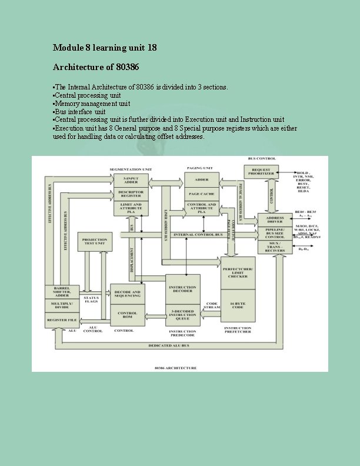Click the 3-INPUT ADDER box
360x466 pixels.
[131, 180]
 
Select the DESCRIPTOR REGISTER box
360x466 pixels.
[131, 193]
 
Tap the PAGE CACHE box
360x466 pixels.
[202, 193]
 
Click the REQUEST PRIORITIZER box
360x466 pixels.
[261, 172]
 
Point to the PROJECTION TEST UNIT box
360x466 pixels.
[95, 241]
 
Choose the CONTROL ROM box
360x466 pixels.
[128, 315]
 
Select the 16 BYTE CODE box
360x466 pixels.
[238, 306]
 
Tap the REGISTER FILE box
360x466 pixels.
[62, 320]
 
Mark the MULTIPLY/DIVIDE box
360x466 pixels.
[62, 305]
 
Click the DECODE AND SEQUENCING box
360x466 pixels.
[128, 293]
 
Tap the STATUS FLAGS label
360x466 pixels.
[91, 299]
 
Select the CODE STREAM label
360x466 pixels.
[212, 306]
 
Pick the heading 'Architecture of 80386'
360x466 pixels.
[96, 66]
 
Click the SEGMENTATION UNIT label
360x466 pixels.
[131, 169]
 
